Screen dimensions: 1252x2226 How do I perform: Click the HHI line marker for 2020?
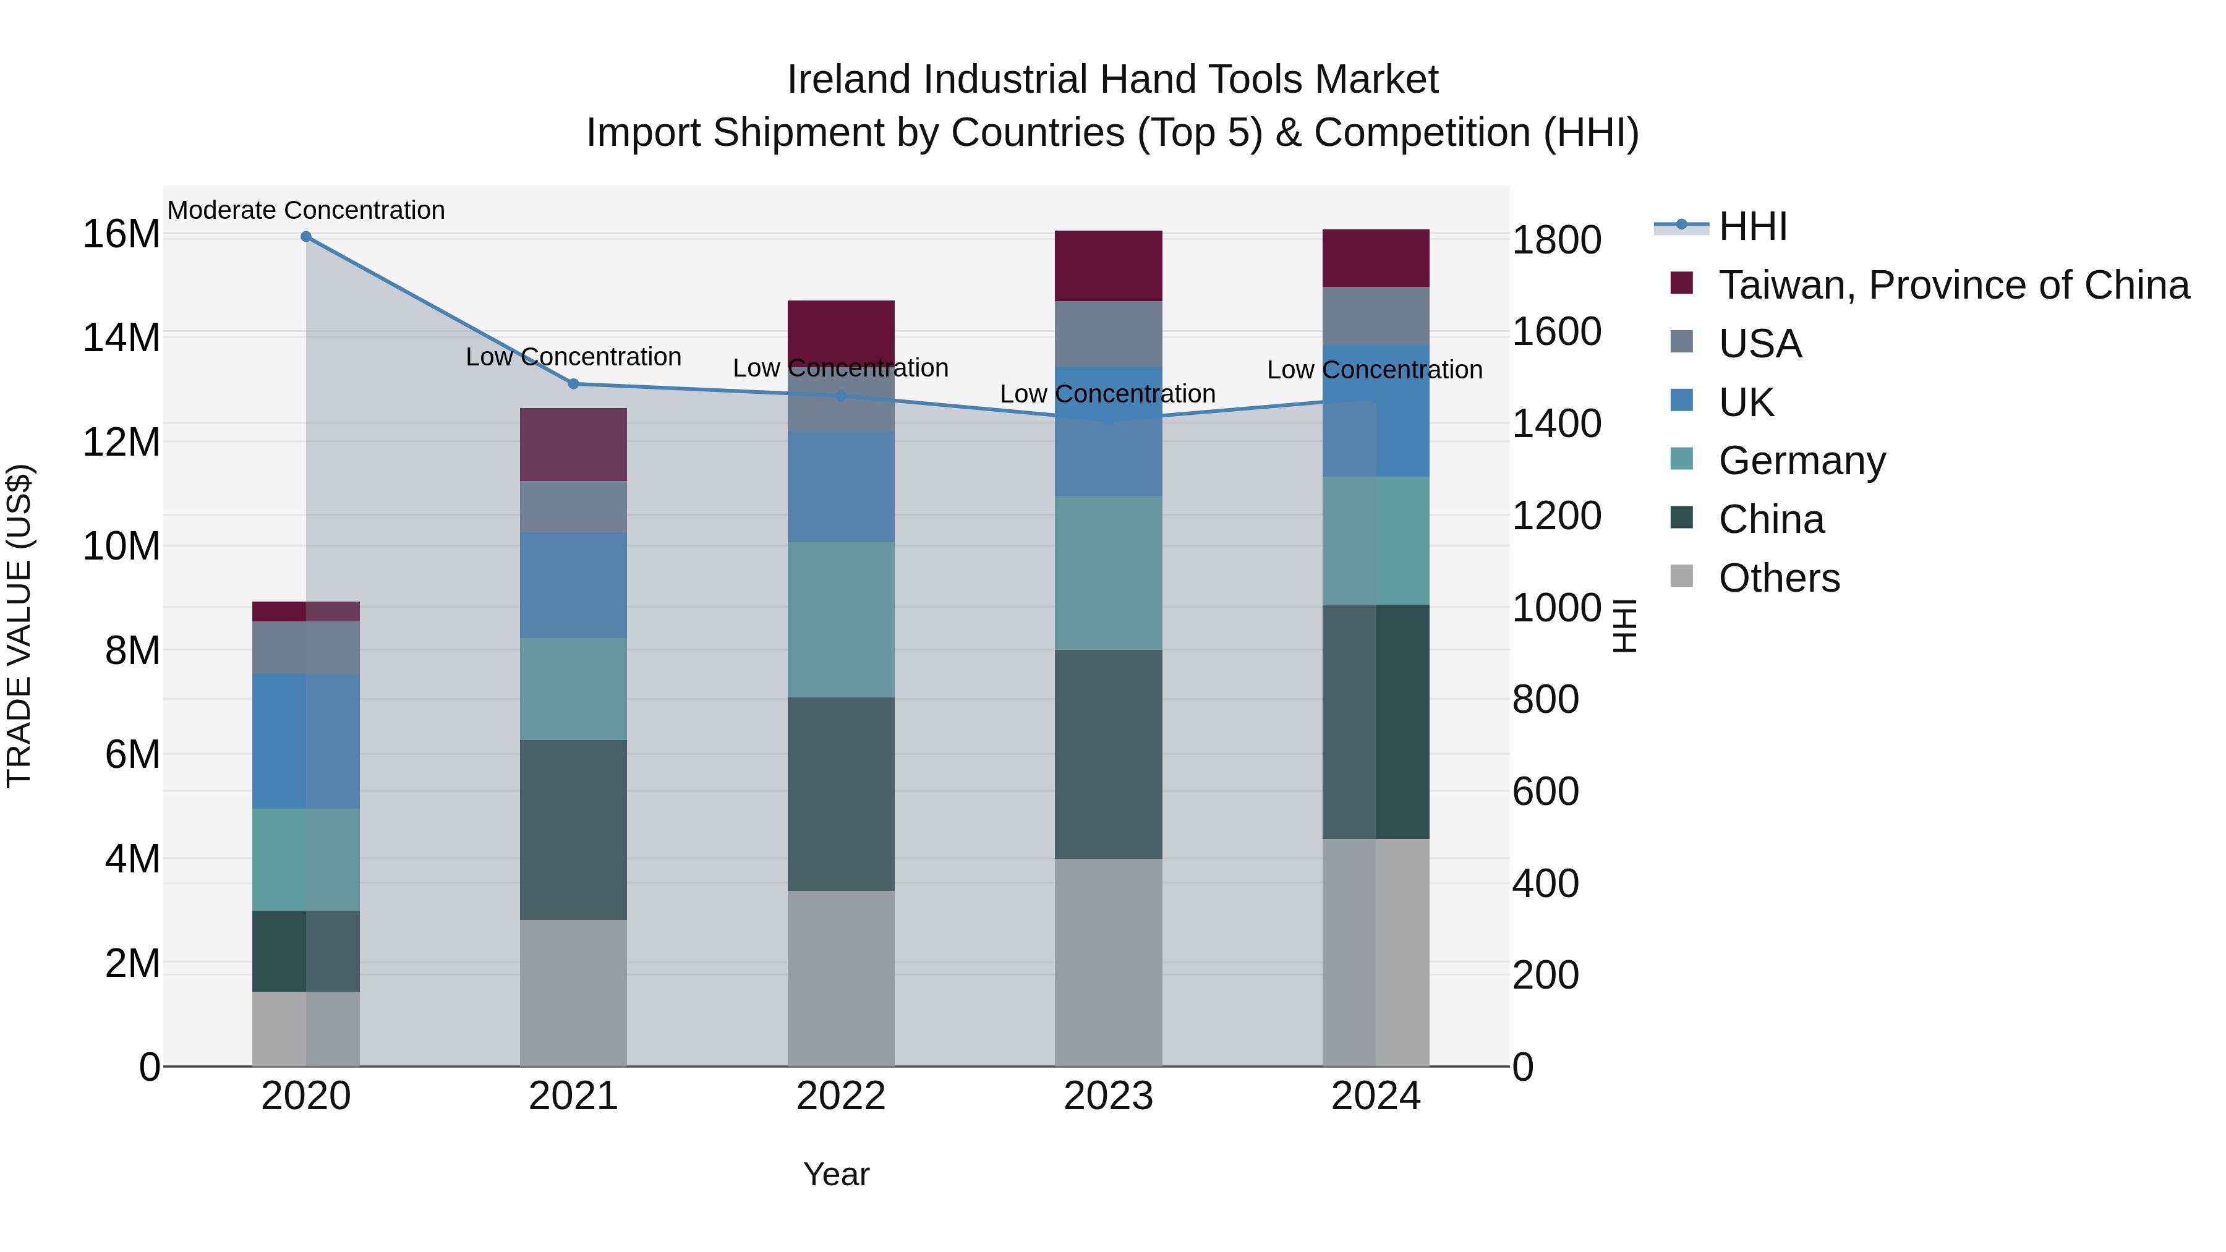coord(306,237)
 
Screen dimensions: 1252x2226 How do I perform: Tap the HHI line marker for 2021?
coord(573,383)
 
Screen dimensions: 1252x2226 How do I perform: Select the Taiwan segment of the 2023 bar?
coord(1108,265)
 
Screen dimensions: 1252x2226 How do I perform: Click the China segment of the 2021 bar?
coord(573,830)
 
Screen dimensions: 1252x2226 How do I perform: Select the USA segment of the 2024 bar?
coord(1376,315)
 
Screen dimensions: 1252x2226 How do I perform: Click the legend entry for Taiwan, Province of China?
coord(1953,285)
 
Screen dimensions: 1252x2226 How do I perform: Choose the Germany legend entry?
coord(1802,461)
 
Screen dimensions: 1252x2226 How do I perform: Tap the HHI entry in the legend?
coord(1752,226)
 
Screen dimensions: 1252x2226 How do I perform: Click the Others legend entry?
coord(1778,578)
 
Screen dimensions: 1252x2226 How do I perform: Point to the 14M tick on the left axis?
coord(121,338)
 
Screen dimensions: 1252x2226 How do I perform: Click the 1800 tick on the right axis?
coord(1556,241)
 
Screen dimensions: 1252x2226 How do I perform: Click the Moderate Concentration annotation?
coord(306,210)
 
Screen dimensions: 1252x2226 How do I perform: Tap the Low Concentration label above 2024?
coord(1374,370)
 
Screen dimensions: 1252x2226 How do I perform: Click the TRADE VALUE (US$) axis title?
coord(19,626)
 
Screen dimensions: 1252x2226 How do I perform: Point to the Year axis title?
coord(835,1174)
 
